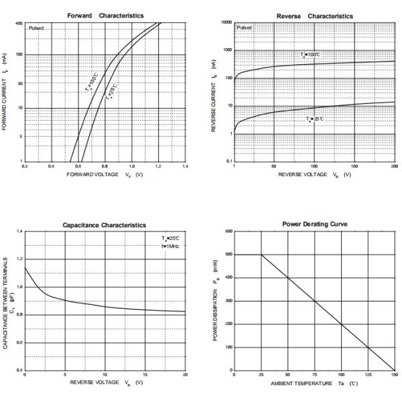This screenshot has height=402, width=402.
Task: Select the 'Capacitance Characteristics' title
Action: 104,225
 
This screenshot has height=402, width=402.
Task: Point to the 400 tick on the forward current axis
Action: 18,23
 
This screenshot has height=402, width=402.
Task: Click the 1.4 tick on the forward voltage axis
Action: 185,165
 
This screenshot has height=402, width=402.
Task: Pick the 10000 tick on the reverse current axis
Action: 226,23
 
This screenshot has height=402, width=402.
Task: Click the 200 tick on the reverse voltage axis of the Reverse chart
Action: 394,165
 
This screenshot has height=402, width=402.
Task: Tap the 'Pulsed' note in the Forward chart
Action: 36,28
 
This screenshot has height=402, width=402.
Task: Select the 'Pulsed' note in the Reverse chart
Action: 245,27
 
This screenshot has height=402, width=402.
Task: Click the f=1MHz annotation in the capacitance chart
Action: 170,246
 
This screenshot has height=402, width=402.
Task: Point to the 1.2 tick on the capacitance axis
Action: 19,259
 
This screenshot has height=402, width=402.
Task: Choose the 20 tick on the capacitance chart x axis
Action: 185,375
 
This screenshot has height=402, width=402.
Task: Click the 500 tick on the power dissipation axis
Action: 228,255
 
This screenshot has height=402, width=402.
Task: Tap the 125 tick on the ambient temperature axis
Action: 367,375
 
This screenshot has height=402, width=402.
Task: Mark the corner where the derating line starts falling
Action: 261,255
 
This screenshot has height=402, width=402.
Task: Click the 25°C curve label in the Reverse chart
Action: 315,119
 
